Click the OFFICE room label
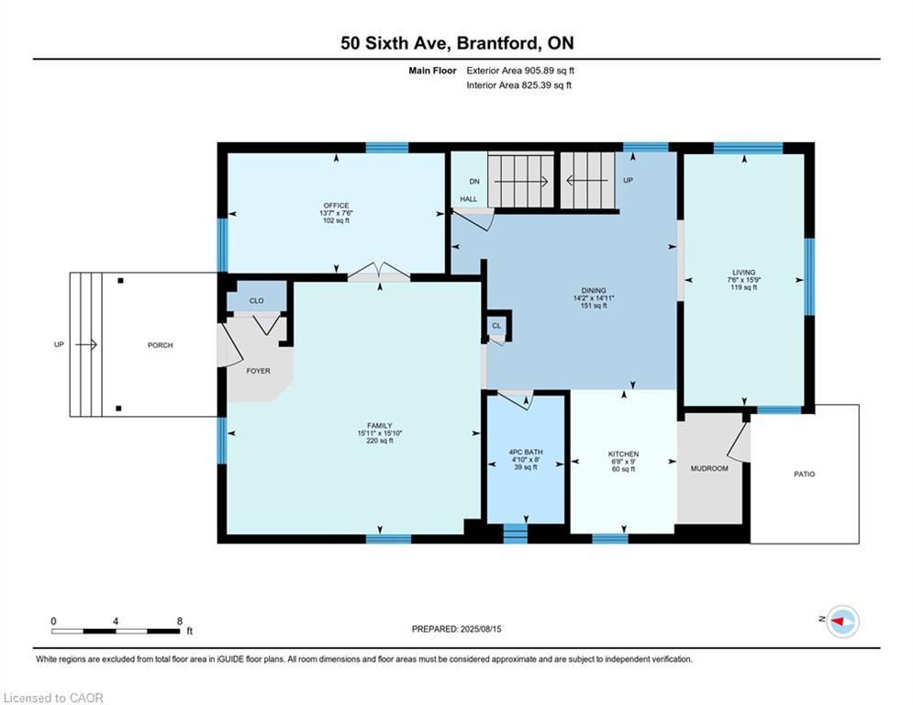[x=336, y=206]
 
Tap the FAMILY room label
[x=380, y=425]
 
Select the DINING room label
[x=594, y=290]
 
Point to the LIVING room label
[x=743, y=272]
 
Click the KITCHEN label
[x=624, y=453]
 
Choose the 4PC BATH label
[x=526, y=452]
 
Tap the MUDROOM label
[x=709, y=468]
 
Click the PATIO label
[x=804, y=475]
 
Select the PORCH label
[x=161, y=345]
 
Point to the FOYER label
[x=258, y=371]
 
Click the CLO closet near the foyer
[x=256, y=301]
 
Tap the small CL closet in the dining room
[x=496, y=326]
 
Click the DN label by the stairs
[x=474, y=181]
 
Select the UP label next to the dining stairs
[x=628, y=180]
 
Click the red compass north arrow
[x=838, y=621]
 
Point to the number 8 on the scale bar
[x=179, y=621]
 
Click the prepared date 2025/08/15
[x=481, y=629]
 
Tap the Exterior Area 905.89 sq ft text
[x=520, y=71]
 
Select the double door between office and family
[x=379, y=273]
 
